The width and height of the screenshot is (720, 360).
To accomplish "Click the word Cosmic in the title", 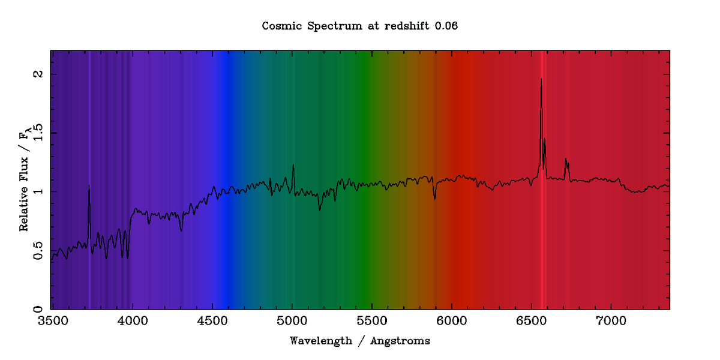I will coord(280,26).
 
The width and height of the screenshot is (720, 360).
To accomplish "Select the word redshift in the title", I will coord(401,26).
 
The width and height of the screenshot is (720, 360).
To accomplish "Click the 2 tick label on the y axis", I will coord(37,74).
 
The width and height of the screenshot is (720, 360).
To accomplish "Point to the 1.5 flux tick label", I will coord(37,133).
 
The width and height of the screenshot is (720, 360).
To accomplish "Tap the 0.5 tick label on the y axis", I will coord(37,251).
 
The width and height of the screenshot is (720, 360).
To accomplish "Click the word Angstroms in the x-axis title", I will coord(400,341).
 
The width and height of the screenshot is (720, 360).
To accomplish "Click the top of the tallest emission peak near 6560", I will coord(541,79).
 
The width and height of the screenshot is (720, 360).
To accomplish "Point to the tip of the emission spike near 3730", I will coord(89,185).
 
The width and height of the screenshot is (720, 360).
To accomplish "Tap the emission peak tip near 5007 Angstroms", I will coord(293,164).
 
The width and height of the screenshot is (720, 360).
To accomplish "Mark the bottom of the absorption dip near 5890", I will coord(435,199).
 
